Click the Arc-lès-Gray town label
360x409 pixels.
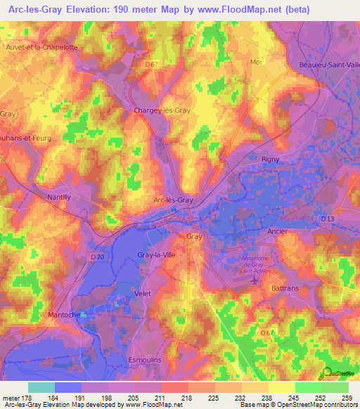pyautogui.click(x=173, y=200)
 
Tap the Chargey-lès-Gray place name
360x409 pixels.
pyautogui.click(x=162, y=110)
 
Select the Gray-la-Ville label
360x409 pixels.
pyautogui.click(x=157, y=254)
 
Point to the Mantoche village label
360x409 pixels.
pyautogui.click(x=65, y=315)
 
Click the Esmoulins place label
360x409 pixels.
pyautogui.click(x=145, y=359)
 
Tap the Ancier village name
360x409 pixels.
pyautogui.click(x=278, y=231)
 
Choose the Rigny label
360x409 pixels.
pyautogui.click(x=271, y=160)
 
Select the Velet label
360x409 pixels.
pyautogui.click(x=143, y=293)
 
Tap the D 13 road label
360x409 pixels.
pyautogui.click(x=328, y=219)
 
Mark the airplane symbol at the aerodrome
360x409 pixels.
pyautogui.click(x=254, y=281)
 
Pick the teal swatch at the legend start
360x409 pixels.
pyautogui.click(x=41, y=387)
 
